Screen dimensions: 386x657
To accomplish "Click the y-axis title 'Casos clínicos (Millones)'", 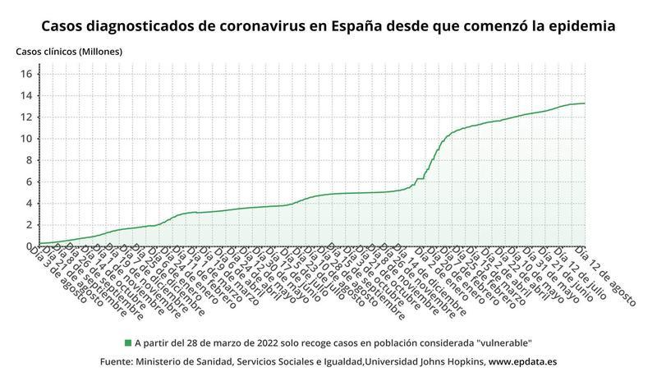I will (x=69, y=52).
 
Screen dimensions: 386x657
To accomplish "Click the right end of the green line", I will (x=584, y=103).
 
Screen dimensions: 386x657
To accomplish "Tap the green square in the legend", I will (x=128, y=342).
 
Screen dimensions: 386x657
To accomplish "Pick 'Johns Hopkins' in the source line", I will (x=449, y=361).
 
